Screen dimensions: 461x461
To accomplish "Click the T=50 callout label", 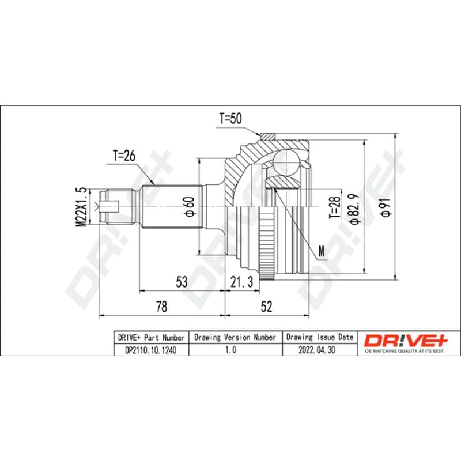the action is pyautogui.click(x=231, y=119).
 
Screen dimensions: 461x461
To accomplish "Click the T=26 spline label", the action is pyautogui.click(x=124, y=156).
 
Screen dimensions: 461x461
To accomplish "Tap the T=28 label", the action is pyautogui.click(x=335, y=207).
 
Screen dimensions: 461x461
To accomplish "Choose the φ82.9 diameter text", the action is pyautogui.click(x=355, y=209).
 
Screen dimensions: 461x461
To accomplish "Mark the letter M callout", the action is pyautogui.click(x=322, y=251).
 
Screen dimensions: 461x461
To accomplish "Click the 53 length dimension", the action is pyautogui.click(x=182, y=282).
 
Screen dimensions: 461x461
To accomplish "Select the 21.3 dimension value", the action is pyautogui.click(x=241, y=282).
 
